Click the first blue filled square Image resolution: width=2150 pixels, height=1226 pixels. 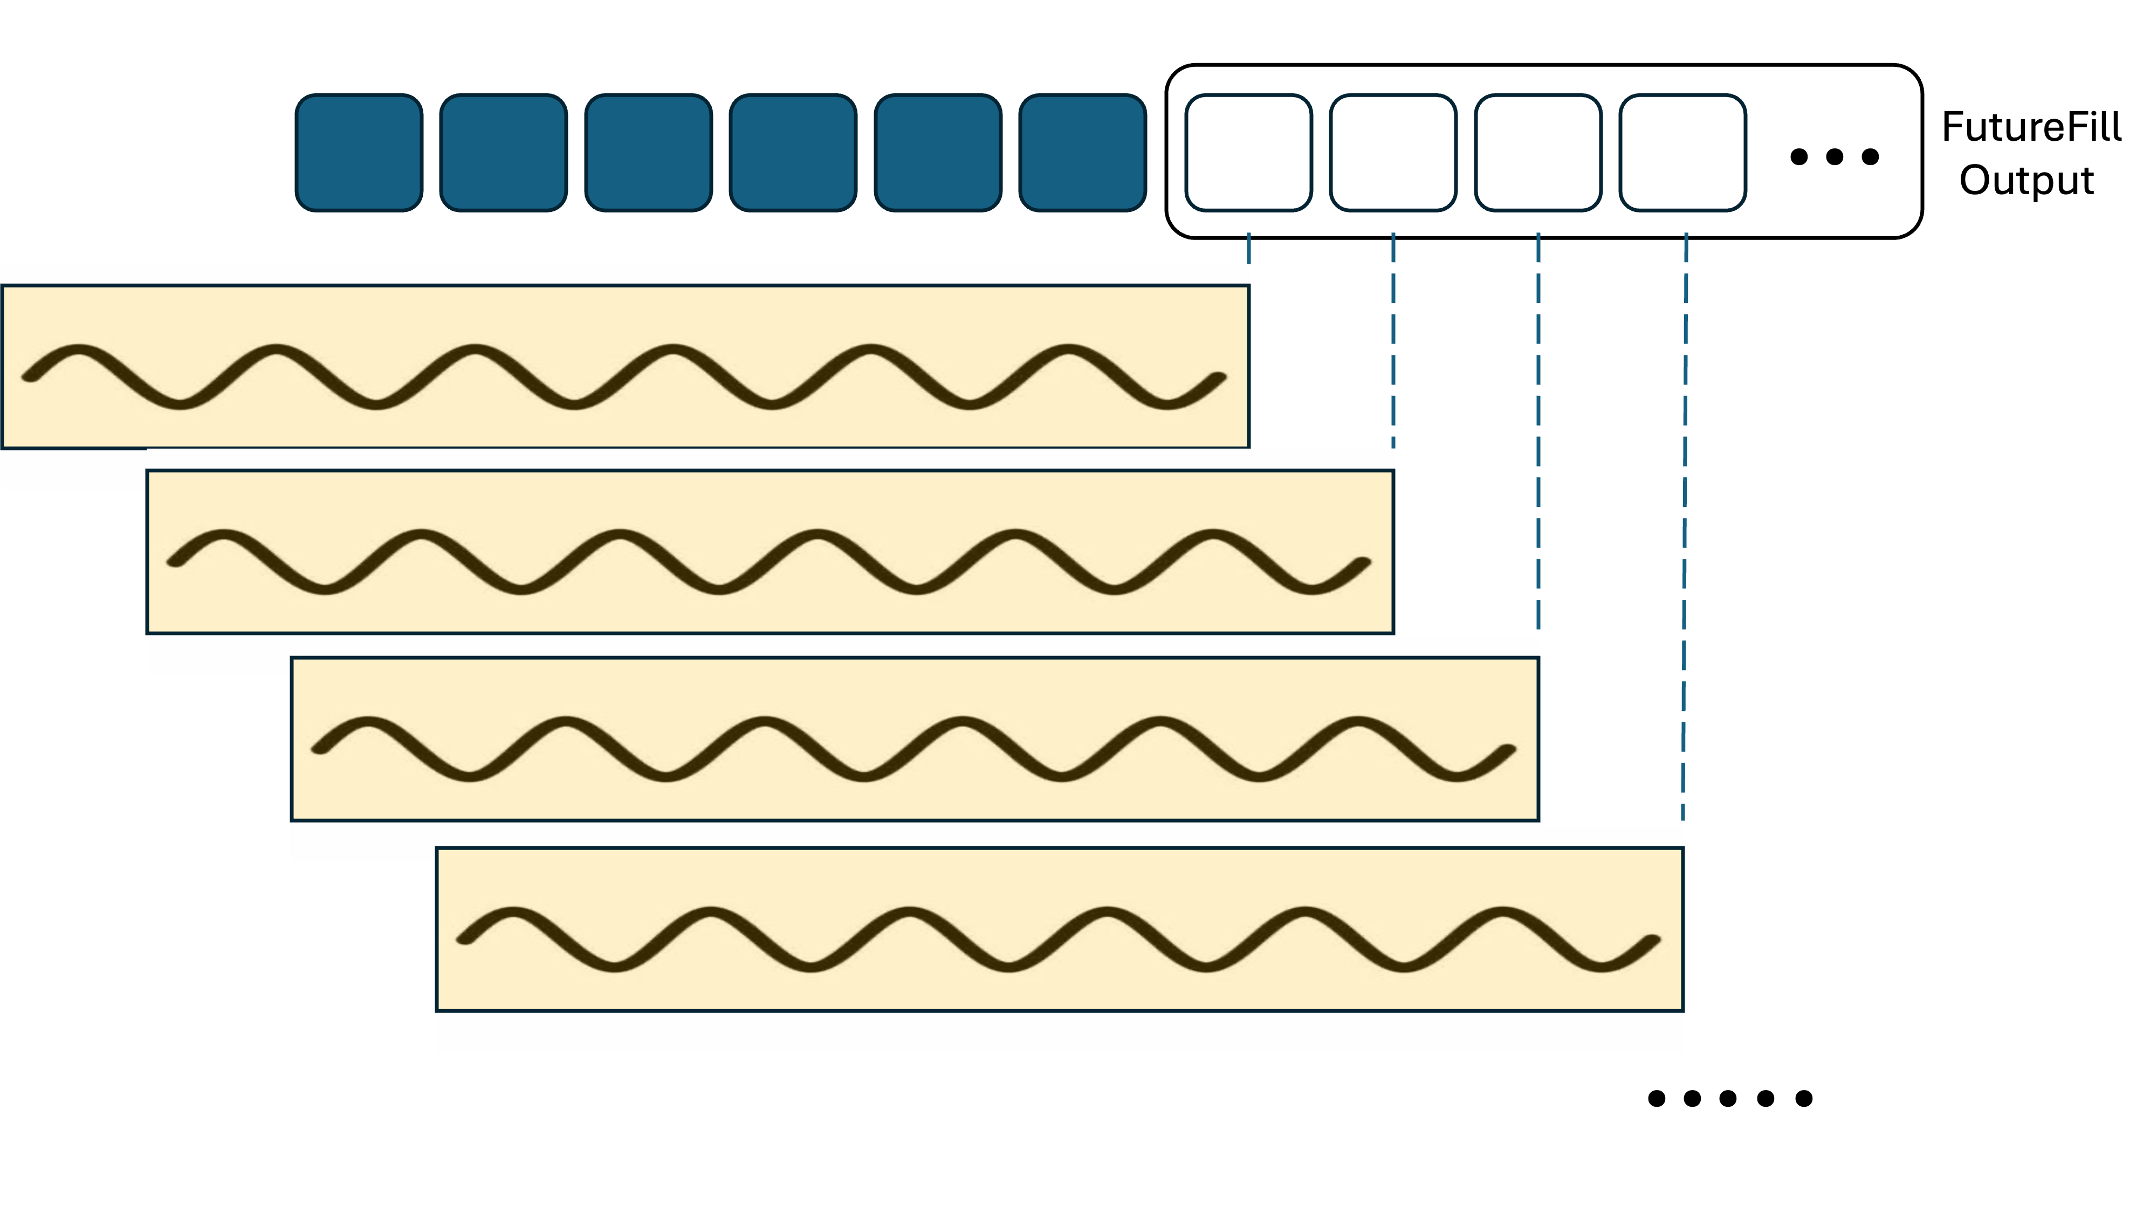point(359,153)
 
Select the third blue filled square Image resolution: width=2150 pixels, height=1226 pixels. point(648,153)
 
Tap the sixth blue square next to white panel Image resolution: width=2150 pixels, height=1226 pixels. point(1083,153)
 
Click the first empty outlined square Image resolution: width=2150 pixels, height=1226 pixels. point(1248,153)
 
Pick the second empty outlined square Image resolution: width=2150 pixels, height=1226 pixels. point(1393,153)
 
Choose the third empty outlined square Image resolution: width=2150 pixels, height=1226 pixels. point(1538,153)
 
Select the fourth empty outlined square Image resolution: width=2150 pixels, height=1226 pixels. point(1683,153)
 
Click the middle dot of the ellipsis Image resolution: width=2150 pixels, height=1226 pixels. point(1835,156)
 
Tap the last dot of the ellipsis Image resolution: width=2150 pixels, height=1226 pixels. point(1871,156)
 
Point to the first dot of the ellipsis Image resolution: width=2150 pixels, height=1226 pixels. point(1799,156)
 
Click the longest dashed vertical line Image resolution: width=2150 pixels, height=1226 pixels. point(1685,522)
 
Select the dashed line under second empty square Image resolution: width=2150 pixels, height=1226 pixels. point(1393,337)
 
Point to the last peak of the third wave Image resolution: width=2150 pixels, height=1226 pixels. point(1358,722)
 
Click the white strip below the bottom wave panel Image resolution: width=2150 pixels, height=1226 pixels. point(1059,1032)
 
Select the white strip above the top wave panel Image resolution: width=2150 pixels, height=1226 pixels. point(624,273)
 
